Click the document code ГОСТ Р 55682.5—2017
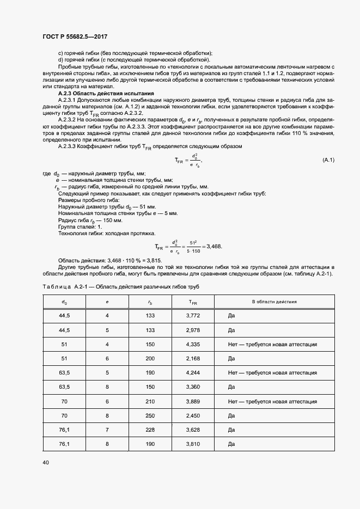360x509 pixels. coord(75,36)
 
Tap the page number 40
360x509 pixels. coord(45,462)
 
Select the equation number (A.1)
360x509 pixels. coord(328,160)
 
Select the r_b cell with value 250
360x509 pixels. coord(150,415)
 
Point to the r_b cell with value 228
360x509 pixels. coord(150,430)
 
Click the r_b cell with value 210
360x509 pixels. coord(150,401)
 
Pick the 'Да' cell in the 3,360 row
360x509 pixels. coord(231,387)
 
